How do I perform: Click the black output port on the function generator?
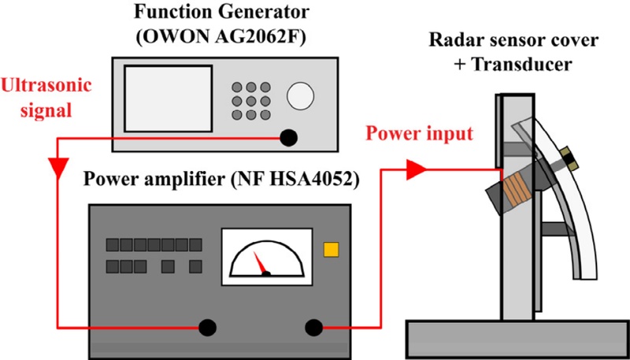290,138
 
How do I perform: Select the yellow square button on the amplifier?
331,250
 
